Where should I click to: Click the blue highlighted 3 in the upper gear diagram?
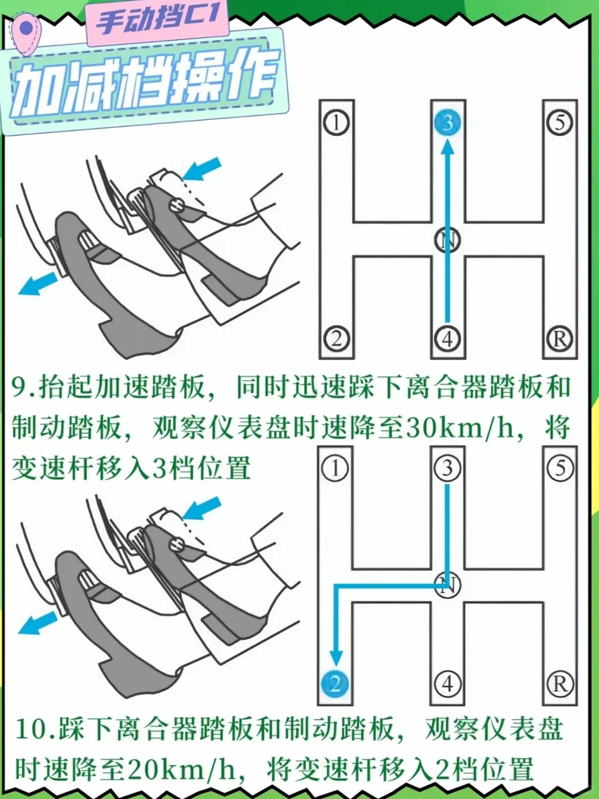coord(448,122)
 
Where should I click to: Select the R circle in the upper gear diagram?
coord(560,339)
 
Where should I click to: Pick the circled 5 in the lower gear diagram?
coord(560,468)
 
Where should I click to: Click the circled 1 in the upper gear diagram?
coord(337,123)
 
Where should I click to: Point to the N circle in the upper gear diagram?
coord(448,240)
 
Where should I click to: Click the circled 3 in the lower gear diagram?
coord(448,468)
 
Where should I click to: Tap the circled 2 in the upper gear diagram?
coord(337,339)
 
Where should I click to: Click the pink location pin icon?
coord(26,33)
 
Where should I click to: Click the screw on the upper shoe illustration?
coord(176,206)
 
